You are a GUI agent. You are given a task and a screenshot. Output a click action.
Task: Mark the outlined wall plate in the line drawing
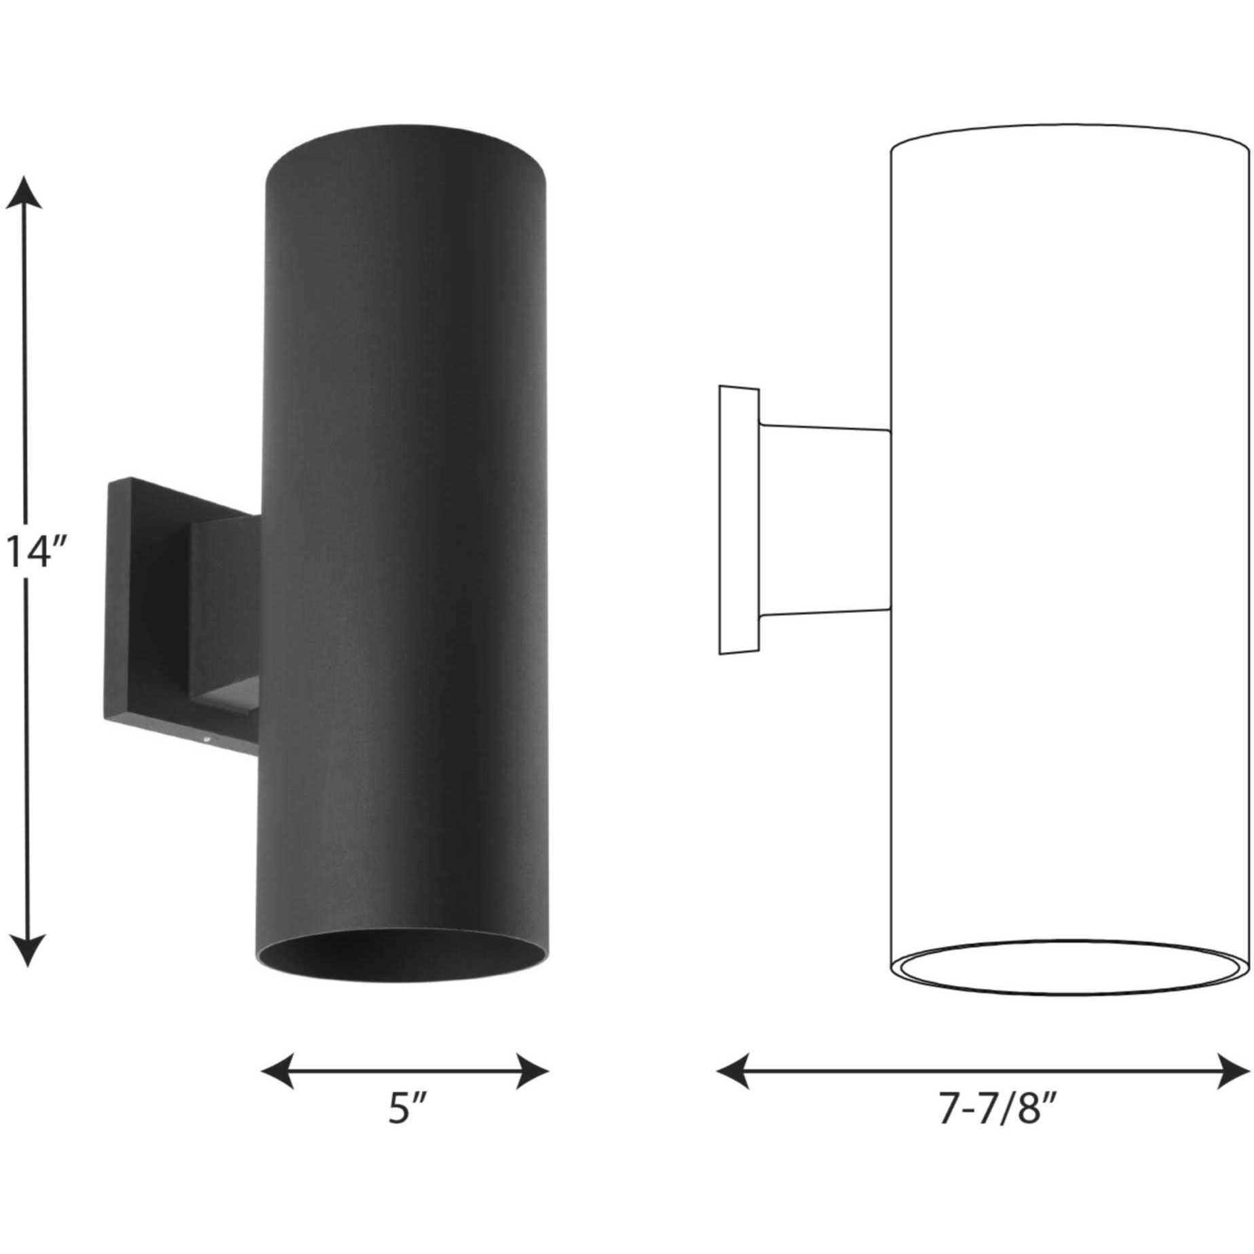(x=738, y=521)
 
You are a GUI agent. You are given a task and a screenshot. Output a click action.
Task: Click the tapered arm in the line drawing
(x=824, y=521)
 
